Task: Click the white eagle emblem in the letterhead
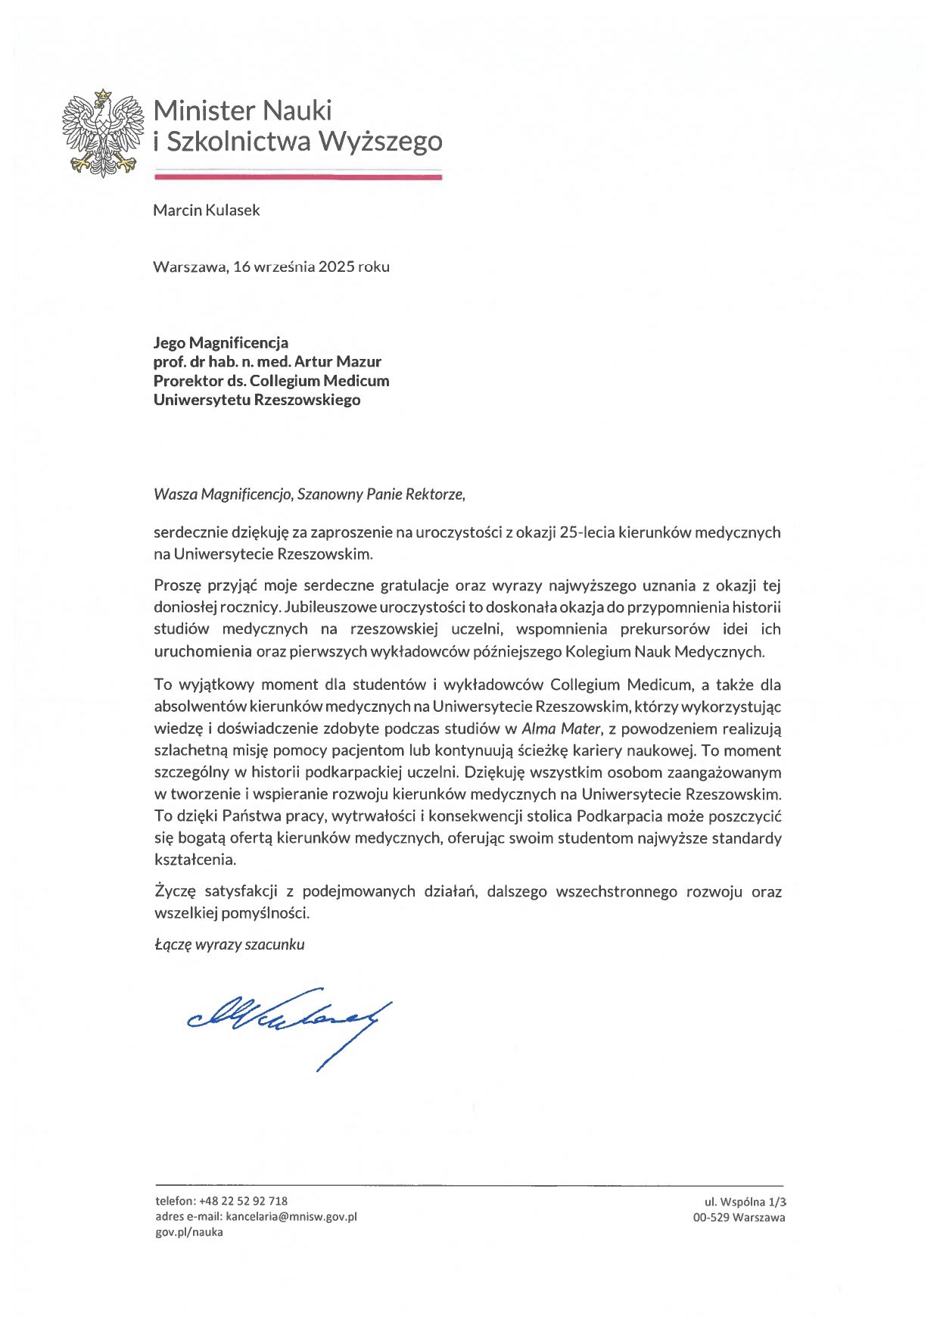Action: pos(103,134)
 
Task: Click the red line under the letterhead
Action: pos(297,177)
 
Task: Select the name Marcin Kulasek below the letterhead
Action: pos(206,211)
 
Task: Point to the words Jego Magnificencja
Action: pos(220,343)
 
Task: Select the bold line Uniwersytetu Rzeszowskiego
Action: pos(257,400)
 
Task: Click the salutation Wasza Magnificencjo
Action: pos(223,494)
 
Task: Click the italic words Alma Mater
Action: pos(560,729)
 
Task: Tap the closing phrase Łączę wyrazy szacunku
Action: pos(229,944)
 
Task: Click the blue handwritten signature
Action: pos(288,1019)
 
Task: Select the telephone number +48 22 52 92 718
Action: pos(243,1201)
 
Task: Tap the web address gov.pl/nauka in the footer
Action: pos(189,1232)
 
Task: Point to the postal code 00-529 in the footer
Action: pos(711,1218)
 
